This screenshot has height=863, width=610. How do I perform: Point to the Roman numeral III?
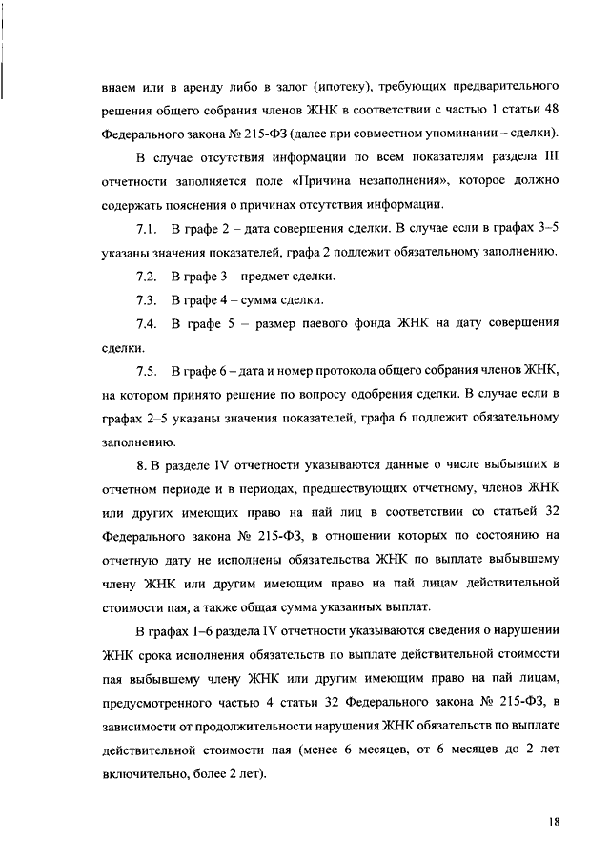[x=550, y=156]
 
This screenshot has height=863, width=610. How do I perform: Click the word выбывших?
[x=515, y=463]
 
